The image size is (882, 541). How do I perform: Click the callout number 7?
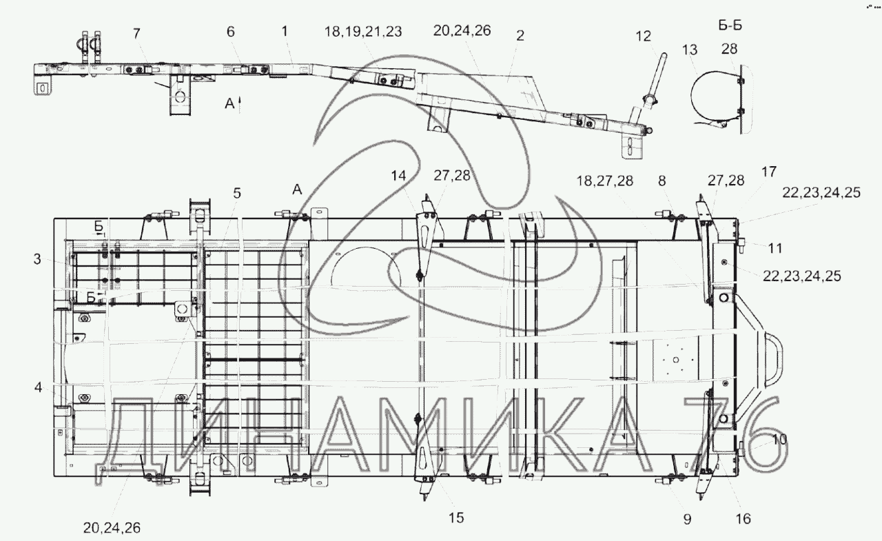click(136, 34)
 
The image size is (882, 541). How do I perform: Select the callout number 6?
click(231, 32)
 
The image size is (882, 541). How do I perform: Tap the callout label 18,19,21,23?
click(363, 32)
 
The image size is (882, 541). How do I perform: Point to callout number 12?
click(644, 37)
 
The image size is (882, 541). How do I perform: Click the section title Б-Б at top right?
click(730, 25)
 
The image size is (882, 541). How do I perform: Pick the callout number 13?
click(690, 50)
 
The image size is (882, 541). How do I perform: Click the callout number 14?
click(398, 176)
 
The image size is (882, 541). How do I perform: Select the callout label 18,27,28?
click(605, 181)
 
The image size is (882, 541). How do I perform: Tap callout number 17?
click(768, 172)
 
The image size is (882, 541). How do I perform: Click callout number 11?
click(775, 249)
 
